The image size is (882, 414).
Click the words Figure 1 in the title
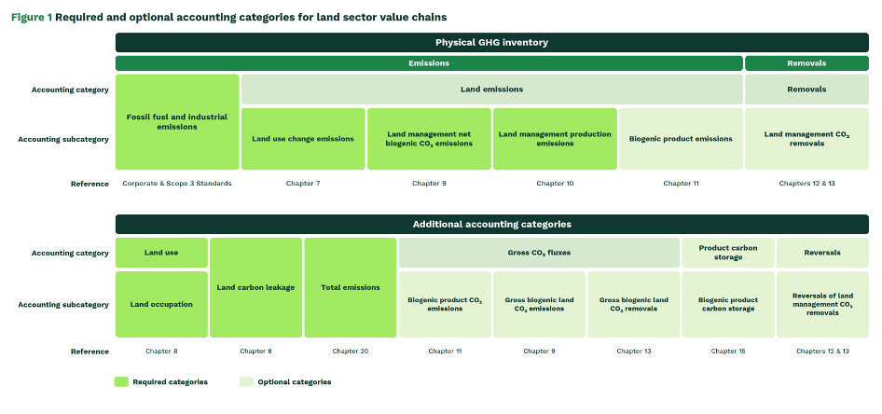point(32,18)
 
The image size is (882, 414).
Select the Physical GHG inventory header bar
point(491,42)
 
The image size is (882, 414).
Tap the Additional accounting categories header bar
point(491,225)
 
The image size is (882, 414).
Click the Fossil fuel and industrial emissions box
point(177,122)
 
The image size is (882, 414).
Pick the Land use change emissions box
point(303,139)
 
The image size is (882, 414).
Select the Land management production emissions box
point(555,139)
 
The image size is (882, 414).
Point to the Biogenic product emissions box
point(681,139)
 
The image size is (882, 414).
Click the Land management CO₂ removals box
point(806,139)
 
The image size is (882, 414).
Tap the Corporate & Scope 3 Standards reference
point(177,184)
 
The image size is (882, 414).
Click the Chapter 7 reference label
point(303,184)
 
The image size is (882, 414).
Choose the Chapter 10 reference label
point(555,184)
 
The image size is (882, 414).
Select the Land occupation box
point(161,304)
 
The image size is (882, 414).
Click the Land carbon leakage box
point(256,287)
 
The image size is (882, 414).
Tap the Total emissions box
point(351,287)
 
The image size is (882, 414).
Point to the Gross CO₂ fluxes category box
point(540,253)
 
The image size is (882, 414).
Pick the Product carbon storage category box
point(728,253)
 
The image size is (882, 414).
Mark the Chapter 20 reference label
point(351,352)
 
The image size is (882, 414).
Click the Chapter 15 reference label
point(728,352)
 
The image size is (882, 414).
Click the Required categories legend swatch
point(121,382)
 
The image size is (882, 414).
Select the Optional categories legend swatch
point(246,382)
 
